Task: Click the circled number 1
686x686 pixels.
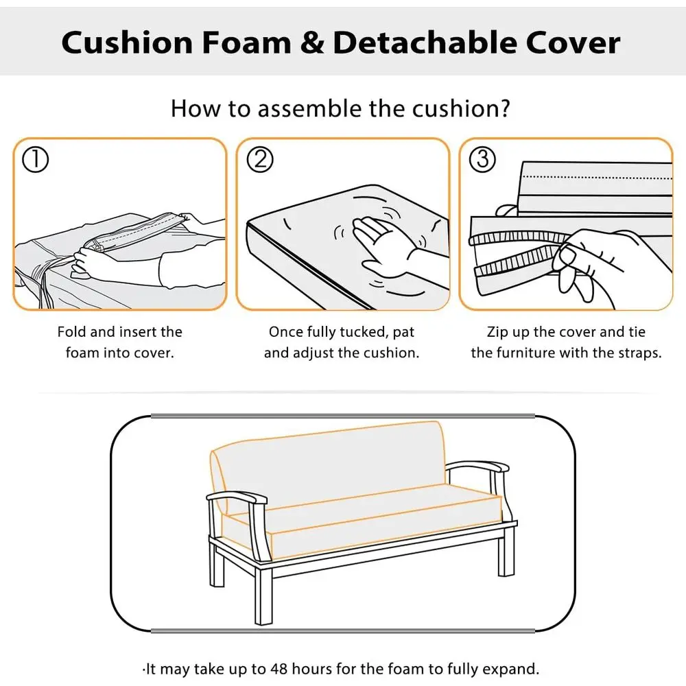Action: pos(36,160)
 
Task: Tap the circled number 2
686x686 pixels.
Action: pos(259,160)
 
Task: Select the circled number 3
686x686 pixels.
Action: pos(482,160)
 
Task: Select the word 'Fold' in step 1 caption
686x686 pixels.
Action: pos(71,332)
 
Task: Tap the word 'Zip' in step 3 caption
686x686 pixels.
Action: pos(498,332)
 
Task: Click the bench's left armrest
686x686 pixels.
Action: pos(233,497)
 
